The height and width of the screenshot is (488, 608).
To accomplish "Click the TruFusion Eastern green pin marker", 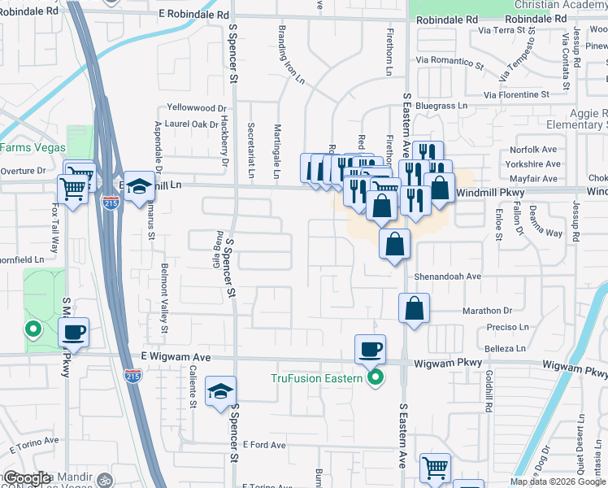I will coord(375,378).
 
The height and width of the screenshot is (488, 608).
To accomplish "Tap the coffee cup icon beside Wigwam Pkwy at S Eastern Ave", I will coord(371,349).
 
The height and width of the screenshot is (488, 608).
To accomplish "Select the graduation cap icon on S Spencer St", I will coord(220,391).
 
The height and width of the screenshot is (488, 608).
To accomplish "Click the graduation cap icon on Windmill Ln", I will coord(139,185).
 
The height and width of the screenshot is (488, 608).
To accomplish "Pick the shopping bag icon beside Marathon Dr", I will coord(414,308).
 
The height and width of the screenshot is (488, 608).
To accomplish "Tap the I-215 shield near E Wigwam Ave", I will coord(132,376).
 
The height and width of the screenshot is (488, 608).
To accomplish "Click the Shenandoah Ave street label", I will coord(448,277).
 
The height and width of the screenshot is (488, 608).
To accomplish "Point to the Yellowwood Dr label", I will coord(196,108).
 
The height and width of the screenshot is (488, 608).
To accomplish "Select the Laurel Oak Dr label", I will coord(192,124).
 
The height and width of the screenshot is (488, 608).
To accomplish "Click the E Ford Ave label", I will coord(264,445).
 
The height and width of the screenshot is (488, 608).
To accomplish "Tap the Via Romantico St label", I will coord(449,60).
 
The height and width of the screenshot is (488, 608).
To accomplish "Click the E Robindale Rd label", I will coord(194,15).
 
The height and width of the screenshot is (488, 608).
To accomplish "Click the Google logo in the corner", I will coord(28,478).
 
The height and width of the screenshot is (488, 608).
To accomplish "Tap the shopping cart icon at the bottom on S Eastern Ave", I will coord(435,468).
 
